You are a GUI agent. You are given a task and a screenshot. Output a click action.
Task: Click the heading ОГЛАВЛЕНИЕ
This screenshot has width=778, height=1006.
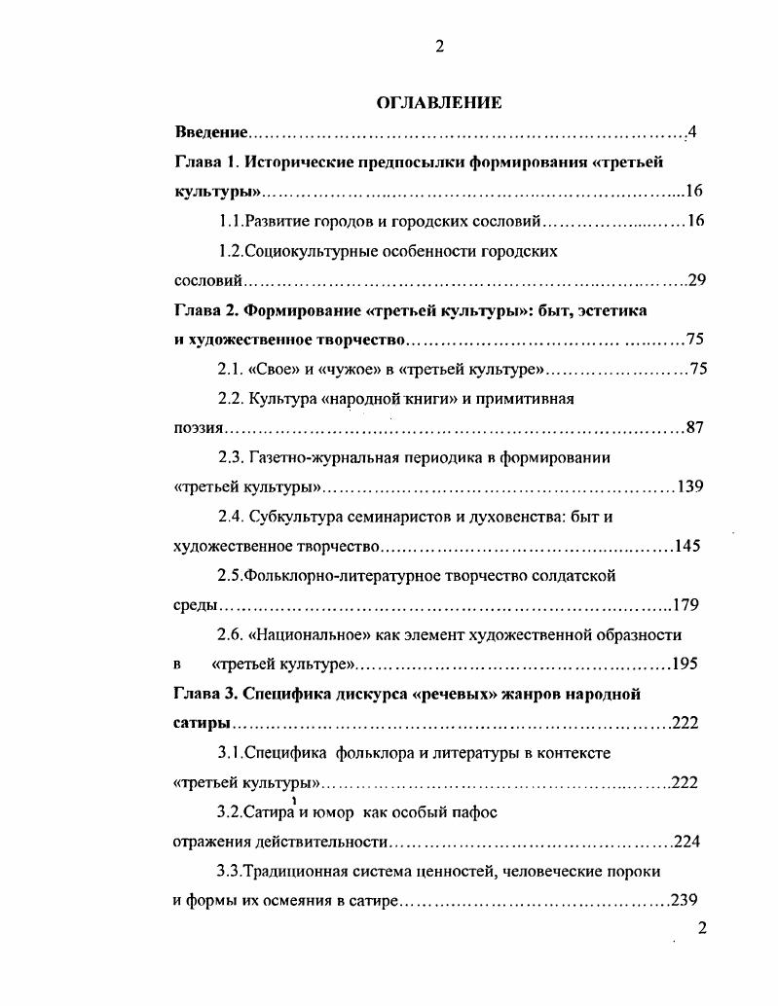(439, 102)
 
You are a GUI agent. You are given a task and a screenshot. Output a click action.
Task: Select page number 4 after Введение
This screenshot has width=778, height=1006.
(690, 131)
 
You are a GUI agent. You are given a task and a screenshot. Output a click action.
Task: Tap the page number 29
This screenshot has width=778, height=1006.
(696, 280)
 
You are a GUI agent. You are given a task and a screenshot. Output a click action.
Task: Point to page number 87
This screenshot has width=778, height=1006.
(694, 427)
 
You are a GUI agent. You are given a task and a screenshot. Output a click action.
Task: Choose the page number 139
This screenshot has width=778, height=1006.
(689, 486)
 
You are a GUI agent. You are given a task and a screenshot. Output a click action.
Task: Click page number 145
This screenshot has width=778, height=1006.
(686, 546)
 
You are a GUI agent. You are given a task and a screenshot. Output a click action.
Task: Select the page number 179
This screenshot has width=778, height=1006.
(685, 605)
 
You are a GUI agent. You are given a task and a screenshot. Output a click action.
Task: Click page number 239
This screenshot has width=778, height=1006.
(685, 901)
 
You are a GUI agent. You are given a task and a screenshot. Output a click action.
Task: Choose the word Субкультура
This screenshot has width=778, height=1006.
(295, 517)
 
